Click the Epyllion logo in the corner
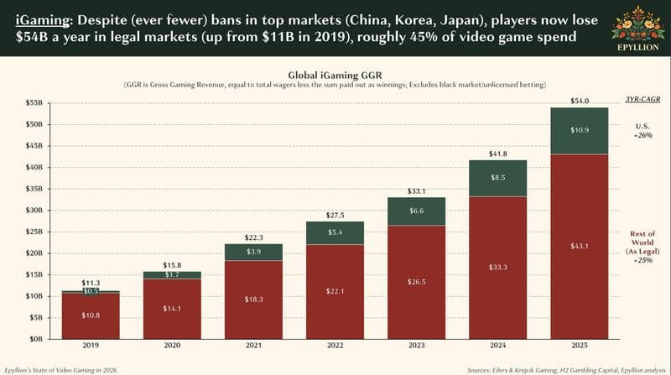tap(636, 27)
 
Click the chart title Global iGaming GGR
tap(335, 74)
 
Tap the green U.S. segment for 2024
tap(497, 178)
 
